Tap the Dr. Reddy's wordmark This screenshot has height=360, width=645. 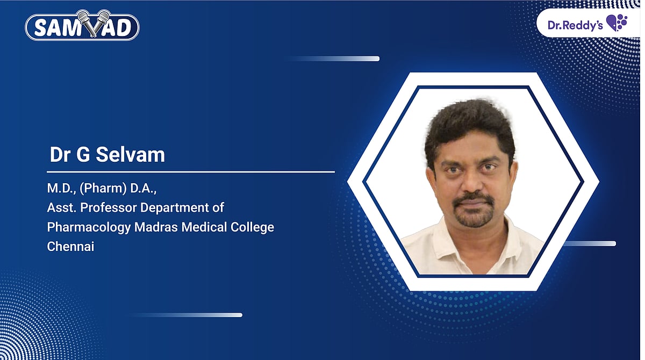click(x=575, y=25)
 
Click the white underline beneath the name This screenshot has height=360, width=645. click(x=191, y=172)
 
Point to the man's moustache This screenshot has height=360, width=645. click(x=472, y=199)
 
